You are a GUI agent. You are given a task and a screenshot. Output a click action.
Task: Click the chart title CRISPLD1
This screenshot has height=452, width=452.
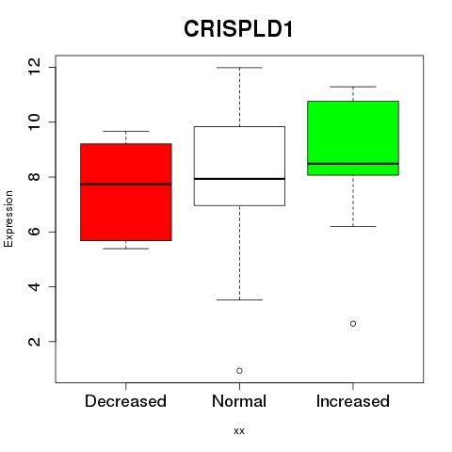click(238, 29)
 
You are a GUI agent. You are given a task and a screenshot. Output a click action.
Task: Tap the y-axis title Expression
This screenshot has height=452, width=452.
click(8, 218)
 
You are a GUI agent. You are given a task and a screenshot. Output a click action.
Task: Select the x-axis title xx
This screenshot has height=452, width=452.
click(239, 430)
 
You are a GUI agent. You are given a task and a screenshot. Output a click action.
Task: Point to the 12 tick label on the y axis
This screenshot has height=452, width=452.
click(34, 67)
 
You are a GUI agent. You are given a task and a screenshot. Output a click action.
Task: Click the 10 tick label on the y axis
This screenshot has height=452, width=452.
click(34, 122)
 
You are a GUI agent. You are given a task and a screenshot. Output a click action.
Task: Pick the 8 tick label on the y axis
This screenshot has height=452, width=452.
click(34, 177)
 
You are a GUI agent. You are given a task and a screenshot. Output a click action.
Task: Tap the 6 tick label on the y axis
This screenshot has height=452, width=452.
click(34, 232)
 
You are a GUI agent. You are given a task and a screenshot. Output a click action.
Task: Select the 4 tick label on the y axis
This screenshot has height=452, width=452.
click(34, 286)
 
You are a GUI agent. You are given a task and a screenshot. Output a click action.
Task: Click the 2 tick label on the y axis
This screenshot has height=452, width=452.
click(34, 342)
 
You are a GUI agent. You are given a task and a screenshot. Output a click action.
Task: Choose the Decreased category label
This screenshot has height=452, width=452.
click(125, 401)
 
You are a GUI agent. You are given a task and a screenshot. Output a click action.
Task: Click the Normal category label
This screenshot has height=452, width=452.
click(239, 401)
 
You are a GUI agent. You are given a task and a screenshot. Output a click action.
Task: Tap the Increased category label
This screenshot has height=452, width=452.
click(353, 401)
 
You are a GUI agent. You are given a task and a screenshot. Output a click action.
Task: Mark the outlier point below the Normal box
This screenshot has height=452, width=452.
click(239, 371)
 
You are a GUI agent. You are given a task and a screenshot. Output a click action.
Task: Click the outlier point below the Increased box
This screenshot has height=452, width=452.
click(353, 324)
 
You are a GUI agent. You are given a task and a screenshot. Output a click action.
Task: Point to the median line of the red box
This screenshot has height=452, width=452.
click(126, 185)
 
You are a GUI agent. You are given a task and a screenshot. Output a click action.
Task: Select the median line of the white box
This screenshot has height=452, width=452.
click(239, 179)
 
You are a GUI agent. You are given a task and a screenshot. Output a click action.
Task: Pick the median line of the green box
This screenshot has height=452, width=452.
click(353, 164)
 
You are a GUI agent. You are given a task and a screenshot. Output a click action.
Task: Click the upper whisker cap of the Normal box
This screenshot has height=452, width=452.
click(239, 68)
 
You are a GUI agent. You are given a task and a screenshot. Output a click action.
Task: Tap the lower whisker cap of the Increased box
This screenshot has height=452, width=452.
click(353, 226)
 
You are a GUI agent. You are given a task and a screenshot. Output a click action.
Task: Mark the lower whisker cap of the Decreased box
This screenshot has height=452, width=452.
click(126, 249)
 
